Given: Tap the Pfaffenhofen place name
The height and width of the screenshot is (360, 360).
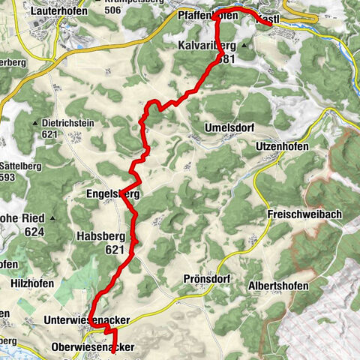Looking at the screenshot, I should point(208,15).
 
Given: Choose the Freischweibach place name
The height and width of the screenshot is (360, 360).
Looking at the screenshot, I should point(304,214).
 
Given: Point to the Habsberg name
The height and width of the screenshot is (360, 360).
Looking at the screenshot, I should point(98,235).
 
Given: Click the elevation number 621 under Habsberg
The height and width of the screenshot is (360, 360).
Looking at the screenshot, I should point(114,250).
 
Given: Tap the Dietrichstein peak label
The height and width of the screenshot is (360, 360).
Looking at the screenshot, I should point(69,123).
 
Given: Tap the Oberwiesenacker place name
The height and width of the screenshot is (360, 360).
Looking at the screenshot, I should point(94,347).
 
